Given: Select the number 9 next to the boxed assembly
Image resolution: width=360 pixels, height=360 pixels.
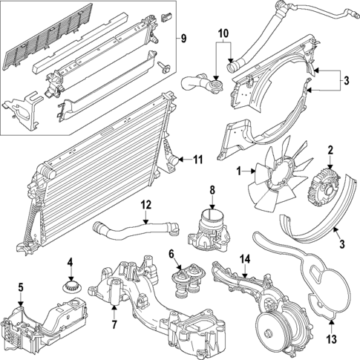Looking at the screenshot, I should click(x=184, y=39).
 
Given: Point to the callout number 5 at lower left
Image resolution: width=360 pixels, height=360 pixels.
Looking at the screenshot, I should click(x=21, y=287).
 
